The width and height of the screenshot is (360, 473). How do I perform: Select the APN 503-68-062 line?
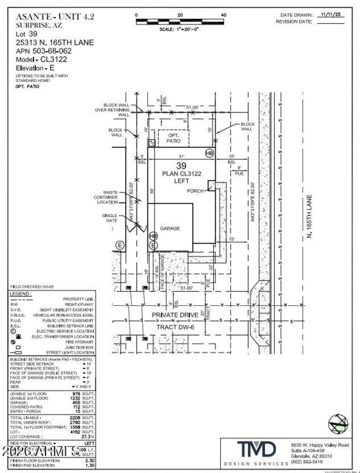44,51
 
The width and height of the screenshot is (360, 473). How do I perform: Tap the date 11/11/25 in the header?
331,15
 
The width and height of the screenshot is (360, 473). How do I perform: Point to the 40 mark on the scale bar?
224,15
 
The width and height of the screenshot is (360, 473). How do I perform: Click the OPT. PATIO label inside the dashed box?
173,138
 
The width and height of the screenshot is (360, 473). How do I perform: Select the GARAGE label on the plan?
170,228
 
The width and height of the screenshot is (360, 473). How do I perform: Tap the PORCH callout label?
196,191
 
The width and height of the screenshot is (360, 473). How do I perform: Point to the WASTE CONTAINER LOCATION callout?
106,197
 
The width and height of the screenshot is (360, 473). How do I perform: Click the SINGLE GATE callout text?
110,218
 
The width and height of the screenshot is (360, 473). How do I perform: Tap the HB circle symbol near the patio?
209,153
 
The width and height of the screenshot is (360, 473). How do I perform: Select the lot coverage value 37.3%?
87,436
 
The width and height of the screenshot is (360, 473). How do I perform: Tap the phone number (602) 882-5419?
307,462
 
